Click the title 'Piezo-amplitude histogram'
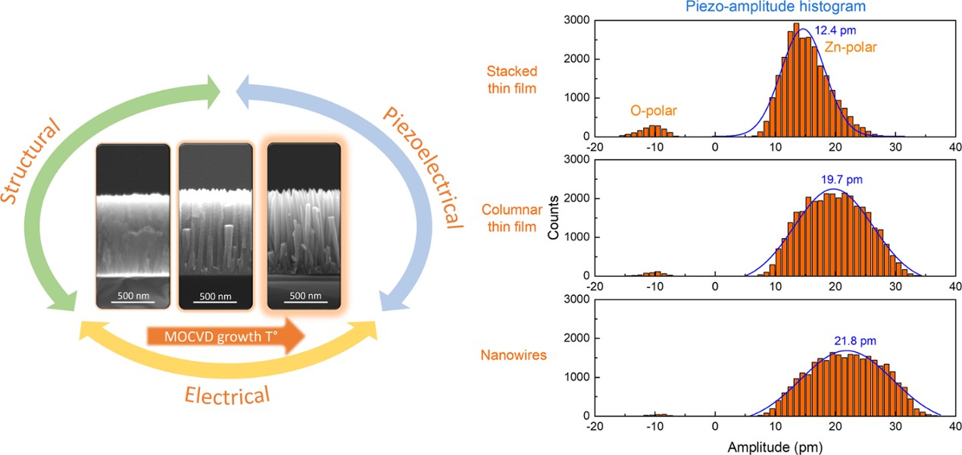click(x=775, y=7)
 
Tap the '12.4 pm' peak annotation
click(x=836, y=30)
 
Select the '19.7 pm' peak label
click(x=842, y=180)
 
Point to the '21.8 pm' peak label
click(x=855, y=341)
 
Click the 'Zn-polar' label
click(x=851, y=47)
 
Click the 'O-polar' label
click(x=654, y=111)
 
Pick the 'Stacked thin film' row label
click(x=512, y=80)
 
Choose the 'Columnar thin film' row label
click(x=512, y=218)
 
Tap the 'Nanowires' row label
click(x=514, y=355)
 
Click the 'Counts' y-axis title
click(x=553, y=217)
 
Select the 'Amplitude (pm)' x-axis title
click(x=775, y=447)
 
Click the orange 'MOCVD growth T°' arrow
click(x=226, y=336)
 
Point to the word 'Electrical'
click(x=227, y=395)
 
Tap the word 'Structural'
click(x=31, y=160)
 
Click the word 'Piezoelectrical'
click(x=423, y=168)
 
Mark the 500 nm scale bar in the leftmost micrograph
click(x=133, y=302)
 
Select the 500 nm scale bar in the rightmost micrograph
click(x=305, y=302)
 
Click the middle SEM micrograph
click(x=216, y=227)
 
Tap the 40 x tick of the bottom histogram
click(x=955, y=426)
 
